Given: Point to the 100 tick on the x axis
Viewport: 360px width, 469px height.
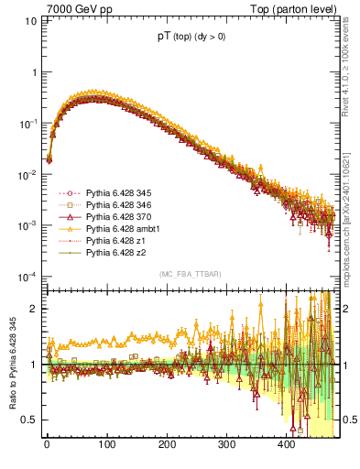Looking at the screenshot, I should point(106,446).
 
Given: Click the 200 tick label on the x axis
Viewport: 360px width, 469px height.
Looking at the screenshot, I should point(167,446).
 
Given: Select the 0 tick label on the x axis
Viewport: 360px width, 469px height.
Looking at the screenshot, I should point(47,446).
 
